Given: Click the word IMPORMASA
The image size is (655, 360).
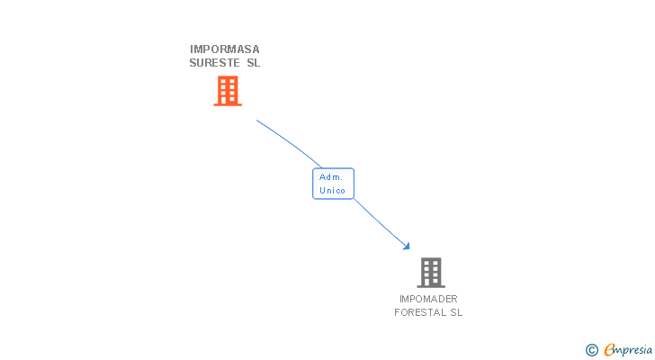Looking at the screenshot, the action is [225, 49].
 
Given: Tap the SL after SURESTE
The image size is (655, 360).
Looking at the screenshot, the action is [253, 63].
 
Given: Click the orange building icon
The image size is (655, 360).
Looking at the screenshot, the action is [228, 90].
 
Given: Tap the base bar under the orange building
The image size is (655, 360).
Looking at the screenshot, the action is [228, 104].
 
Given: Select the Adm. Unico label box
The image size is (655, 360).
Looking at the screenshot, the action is [333, 184].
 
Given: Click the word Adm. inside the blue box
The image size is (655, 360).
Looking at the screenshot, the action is [331, 177].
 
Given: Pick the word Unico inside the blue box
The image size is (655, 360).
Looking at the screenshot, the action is [333, 190].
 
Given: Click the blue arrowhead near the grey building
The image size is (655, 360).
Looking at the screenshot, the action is [407, 246].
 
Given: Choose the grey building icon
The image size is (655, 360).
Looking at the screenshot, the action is [431, 272].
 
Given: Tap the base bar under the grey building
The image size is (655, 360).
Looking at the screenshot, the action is [431, 286].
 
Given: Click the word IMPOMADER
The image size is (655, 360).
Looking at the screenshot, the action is [428, 299].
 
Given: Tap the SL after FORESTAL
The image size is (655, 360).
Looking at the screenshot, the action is [456, 313].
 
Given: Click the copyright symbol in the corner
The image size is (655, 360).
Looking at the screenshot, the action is [592, 350].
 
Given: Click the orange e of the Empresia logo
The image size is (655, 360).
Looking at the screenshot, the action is [609, 350].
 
